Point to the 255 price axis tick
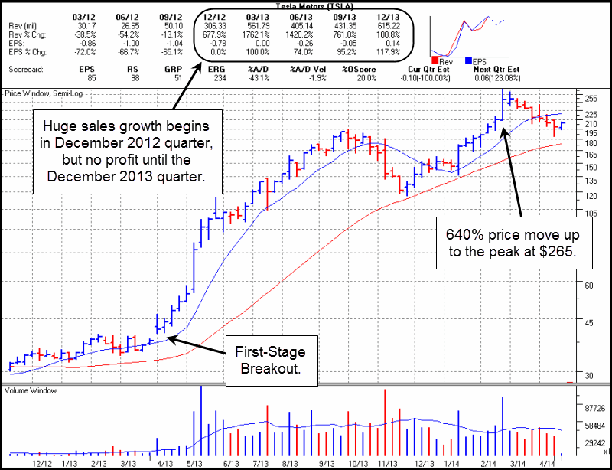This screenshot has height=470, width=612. click(x=591, y=99)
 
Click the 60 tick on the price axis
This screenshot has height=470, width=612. click(x=588, y=284)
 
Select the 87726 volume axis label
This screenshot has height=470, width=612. click(x=594, y=409)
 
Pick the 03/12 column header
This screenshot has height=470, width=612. click(x=83, y=15)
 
